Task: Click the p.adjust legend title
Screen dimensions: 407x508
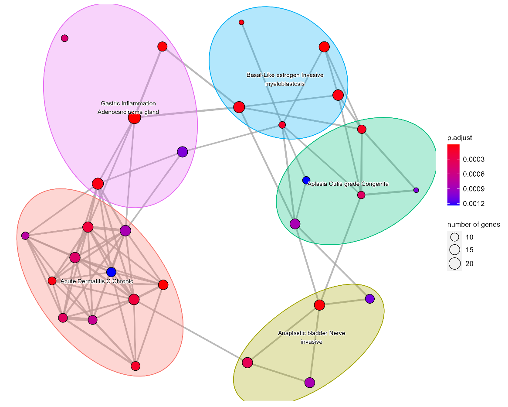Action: (x=460, y=138)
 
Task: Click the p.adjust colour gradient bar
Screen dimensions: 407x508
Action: (x=454, y=175)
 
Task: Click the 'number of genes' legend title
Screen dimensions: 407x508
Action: (x=473, y=225)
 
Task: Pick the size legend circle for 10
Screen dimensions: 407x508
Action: (x=455, y=237)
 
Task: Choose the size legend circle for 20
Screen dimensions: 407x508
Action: (x=455, y=263)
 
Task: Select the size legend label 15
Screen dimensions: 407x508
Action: (x=469, y=250)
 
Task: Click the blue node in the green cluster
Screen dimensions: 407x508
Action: (x=306, y=180)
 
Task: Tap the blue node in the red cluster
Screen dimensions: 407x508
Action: (x=111, y=272)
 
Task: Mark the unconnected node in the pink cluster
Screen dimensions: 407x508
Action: (x=64, y=38)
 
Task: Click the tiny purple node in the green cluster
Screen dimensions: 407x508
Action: (x=416, y=190)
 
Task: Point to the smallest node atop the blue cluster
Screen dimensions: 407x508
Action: (x=241, y=22)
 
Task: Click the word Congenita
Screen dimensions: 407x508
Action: (x=375, y=184)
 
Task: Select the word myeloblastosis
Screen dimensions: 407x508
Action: (x=285, y=84)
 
